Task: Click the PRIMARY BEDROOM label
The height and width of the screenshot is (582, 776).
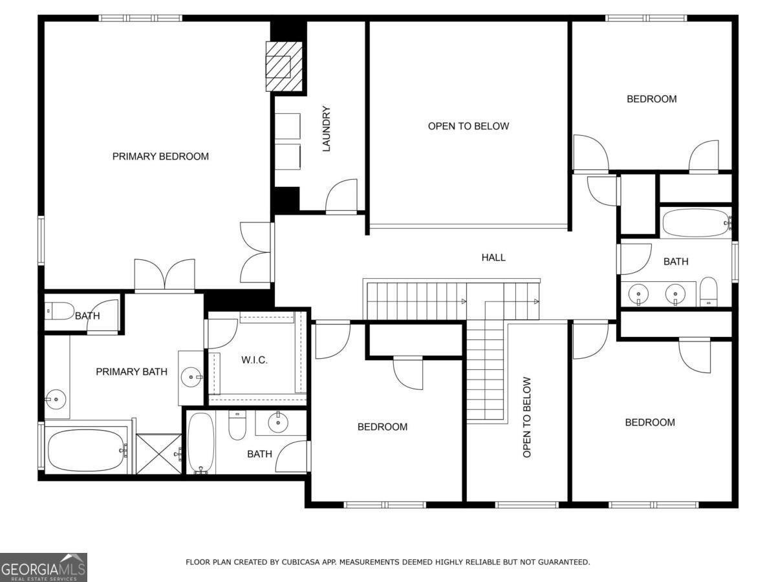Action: tap(160, 156)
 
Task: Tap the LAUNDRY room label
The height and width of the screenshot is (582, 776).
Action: tap(327, 129)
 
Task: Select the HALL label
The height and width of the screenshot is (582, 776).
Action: tap(493, 257)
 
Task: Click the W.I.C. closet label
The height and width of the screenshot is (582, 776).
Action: tap(255, 360)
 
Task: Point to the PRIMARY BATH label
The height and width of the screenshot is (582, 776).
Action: tap(131, 372)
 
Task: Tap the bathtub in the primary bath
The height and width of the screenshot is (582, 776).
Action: tap(84, 450)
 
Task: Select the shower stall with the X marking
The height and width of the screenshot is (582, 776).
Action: tap(159, 454)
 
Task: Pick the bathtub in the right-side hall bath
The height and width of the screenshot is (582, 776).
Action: tap(695, 223)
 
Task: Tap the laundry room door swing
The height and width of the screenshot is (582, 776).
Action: tap(341, 197)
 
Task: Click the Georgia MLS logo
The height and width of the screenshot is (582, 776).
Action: tap(43, 567)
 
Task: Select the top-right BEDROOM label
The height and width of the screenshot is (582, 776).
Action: tap(651, 99)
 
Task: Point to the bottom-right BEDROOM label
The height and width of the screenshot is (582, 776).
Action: tap(649, 422)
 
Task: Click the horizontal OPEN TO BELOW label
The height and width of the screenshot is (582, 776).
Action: tap(468, 126)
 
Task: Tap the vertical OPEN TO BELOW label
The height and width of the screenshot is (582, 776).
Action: tap(526, 418)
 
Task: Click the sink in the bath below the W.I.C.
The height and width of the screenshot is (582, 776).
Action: tap(278, 423)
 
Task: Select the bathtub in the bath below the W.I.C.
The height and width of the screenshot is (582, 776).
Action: tap(200, 443)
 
